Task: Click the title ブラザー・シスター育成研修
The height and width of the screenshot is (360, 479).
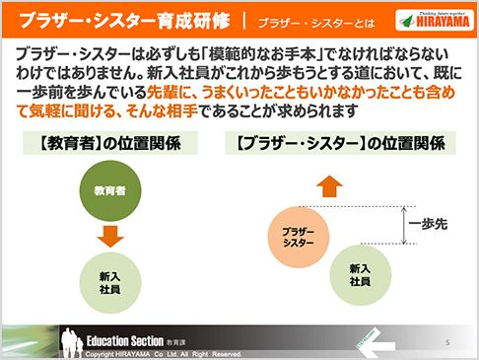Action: click(125, 20)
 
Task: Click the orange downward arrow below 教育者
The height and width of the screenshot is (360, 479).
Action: click(110, 237)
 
